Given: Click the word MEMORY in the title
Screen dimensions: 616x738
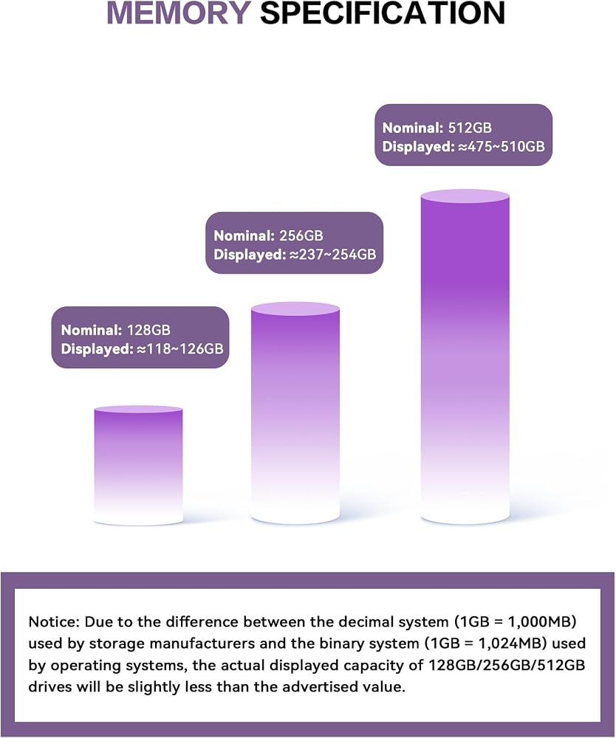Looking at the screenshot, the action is (x=179, y=13).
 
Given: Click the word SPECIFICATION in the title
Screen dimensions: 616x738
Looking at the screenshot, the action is (x=383, y=13).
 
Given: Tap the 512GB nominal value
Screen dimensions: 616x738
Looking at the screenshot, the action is (x=470, y=128).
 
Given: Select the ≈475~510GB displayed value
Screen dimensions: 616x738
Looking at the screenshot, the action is (x=501, y=146).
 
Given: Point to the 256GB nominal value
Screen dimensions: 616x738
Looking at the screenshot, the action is (x=301, y=235).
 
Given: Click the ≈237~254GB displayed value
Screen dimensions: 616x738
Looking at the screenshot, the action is (x=332, y=255).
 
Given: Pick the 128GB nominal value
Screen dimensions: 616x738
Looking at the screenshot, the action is (x=148, y=329).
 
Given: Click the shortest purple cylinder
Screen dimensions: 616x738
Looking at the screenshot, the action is (x=138, y=466).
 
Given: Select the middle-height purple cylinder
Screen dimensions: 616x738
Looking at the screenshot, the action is (x=295, y=413).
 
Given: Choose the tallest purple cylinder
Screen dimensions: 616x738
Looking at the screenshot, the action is (x=465, y=356).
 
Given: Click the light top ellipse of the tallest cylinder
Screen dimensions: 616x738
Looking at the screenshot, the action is (x=465, y=196).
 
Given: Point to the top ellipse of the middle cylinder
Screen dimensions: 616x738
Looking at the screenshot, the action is (x=295, y=308).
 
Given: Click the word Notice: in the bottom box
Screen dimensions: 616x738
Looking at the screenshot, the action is (x=54, y=621).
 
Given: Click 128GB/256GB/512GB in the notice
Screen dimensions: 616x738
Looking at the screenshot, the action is (x=506, y=665).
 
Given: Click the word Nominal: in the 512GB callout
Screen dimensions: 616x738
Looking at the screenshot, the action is (x=413, y=128).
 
